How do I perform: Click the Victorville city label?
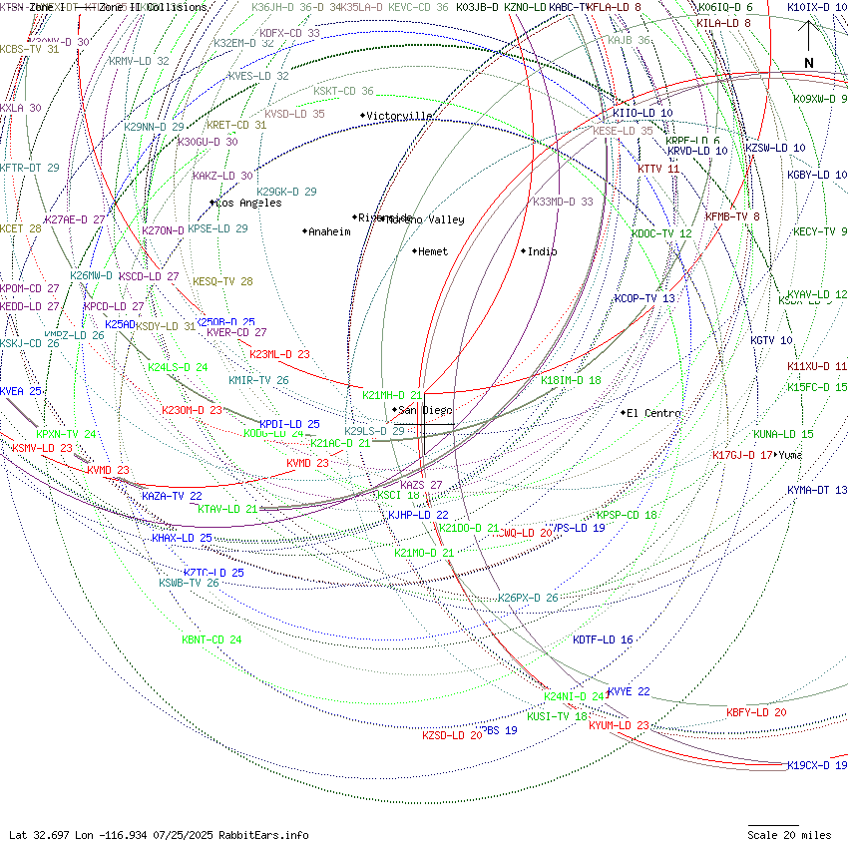coord(399,116)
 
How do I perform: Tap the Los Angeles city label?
coord(249,203)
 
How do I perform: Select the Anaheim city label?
coord(329,231)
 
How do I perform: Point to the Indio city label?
coord(542,251)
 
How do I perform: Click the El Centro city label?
coord(653,413)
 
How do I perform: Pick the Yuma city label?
coord(791,455)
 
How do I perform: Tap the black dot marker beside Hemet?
coord(414,251)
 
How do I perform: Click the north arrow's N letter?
coord(809,63)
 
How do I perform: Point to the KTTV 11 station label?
coord(658,169)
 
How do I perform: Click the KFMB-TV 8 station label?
coord(732,216)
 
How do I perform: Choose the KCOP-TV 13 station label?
coord(644,298)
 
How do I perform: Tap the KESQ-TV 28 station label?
coord(222,281)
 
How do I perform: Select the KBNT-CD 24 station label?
coord(212,639)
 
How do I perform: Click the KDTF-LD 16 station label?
coord(603,639)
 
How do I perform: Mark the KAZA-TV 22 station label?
coord(172,495)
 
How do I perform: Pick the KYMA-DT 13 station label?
coord(816,490)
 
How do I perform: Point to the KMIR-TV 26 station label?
coord(258,380)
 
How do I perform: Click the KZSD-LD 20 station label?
coord(452,735)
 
